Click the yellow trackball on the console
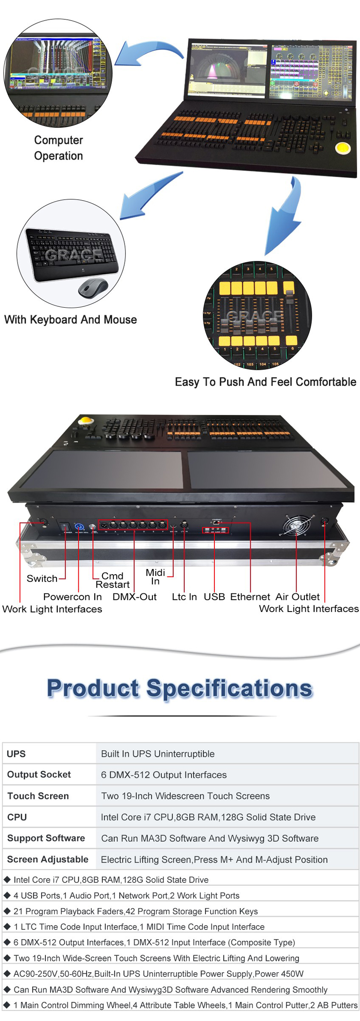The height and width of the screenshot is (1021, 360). click(x=342, y=148)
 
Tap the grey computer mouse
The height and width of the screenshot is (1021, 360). click(x=93, y=288)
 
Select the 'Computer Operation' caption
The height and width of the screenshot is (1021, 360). click(x=59, y=148)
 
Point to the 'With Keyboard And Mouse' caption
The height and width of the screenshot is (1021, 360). click(x=71, y=320)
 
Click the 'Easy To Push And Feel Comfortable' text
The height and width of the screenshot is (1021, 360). click(x=265, y=382)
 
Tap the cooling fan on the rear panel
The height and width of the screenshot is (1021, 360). click(x=296, y=526)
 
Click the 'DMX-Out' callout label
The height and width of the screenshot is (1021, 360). click(x=134, y=597)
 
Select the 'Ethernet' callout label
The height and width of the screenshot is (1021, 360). click(x=250, y=597)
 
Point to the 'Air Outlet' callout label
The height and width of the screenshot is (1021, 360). click(x=298, y=597)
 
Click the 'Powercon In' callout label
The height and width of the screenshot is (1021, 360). click(x=72, y=597)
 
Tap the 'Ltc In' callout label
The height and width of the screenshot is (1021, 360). click(x=184, y=597)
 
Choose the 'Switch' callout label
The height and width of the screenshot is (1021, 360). click(x=42, y=579)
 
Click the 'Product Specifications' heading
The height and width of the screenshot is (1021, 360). click(x=180, y=689)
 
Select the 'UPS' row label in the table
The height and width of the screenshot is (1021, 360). click(x=16, y=754)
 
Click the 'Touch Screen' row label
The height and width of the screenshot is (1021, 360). click(x=38, y=796)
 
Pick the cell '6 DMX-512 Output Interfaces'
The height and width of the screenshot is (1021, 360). click(x=164, y=775)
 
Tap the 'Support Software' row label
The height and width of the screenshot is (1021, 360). click(x=46, y=838)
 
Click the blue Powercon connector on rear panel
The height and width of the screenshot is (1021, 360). click(x=79, y=527)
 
